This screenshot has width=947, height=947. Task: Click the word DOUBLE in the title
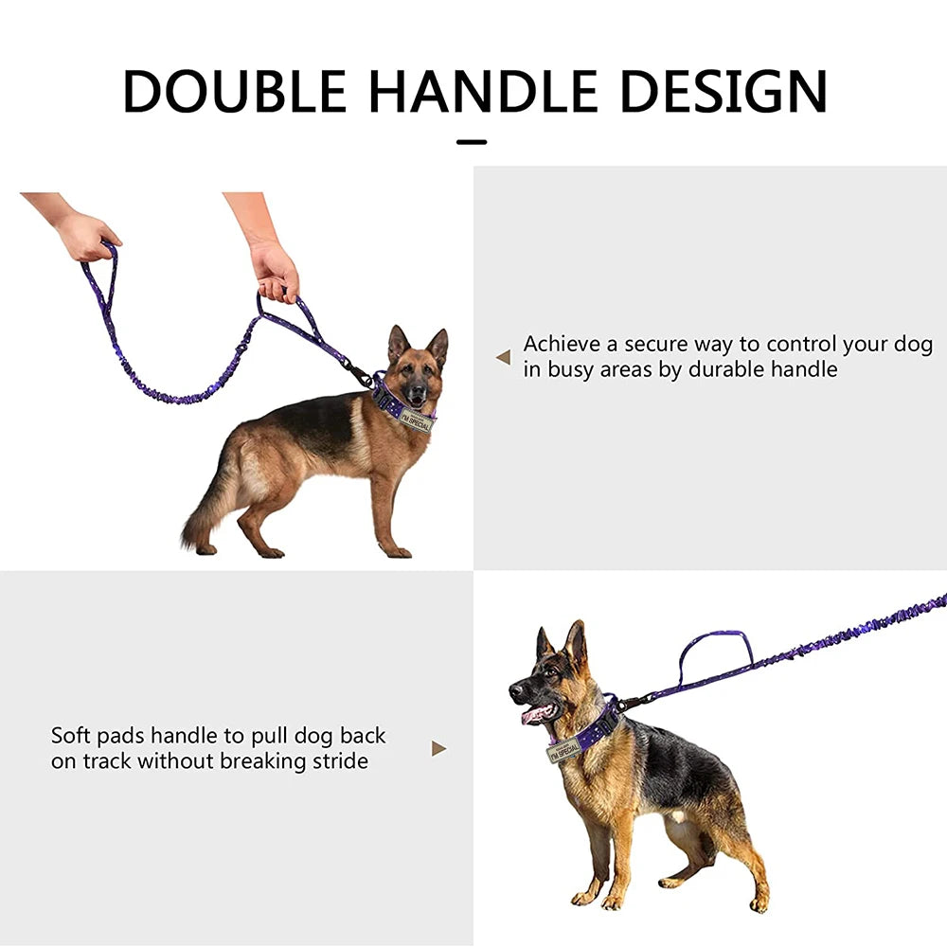(234, 91)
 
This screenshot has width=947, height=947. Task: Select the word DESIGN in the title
(724, 91)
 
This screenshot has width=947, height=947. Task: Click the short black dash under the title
(472, 142)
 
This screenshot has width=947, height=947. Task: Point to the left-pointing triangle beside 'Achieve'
(503, 358)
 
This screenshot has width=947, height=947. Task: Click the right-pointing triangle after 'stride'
(439, 749)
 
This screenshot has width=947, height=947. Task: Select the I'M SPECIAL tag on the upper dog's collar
(417, 420)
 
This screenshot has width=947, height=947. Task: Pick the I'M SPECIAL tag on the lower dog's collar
(563, 749)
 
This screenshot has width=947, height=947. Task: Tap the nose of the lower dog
(514, 689)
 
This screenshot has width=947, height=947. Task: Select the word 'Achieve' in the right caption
(562, 344)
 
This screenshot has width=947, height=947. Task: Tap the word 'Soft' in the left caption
(71, 735)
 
